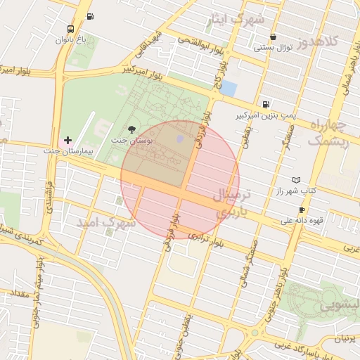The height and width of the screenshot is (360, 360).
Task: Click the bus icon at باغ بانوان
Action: pyautogui.click(x=70, y=30)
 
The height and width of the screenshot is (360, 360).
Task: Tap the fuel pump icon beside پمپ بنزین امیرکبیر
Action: pyautogui.click(x=264, y=103)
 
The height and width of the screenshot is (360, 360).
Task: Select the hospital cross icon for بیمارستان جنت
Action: pyautogui.click(x=67, y=141)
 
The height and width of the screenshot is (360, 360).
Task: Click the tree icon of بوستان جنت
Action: pyautogui.click(x=131, y=129)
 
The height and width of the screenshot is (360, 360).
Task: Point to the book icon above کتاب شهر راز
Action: pyautogui.click(x=296, y=180)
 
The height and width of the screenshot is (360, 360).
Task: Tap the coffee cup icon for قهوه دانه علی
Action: pyautogui.click(x=302, y=210)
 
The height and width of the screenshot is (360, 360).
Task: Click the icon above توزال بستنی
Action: pyautogui.click(x=273, y=37)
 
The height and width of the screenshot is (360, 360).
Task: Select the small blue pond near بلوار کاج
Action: pyautogui.click(x=228, y=89)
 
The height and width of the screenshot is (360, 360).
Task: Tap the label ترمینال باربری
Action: pyautogui.click(x=229, y=202)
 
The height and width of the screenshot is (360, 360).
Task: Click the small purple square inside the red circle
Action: pyautogui.click(x=180, y=139)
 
